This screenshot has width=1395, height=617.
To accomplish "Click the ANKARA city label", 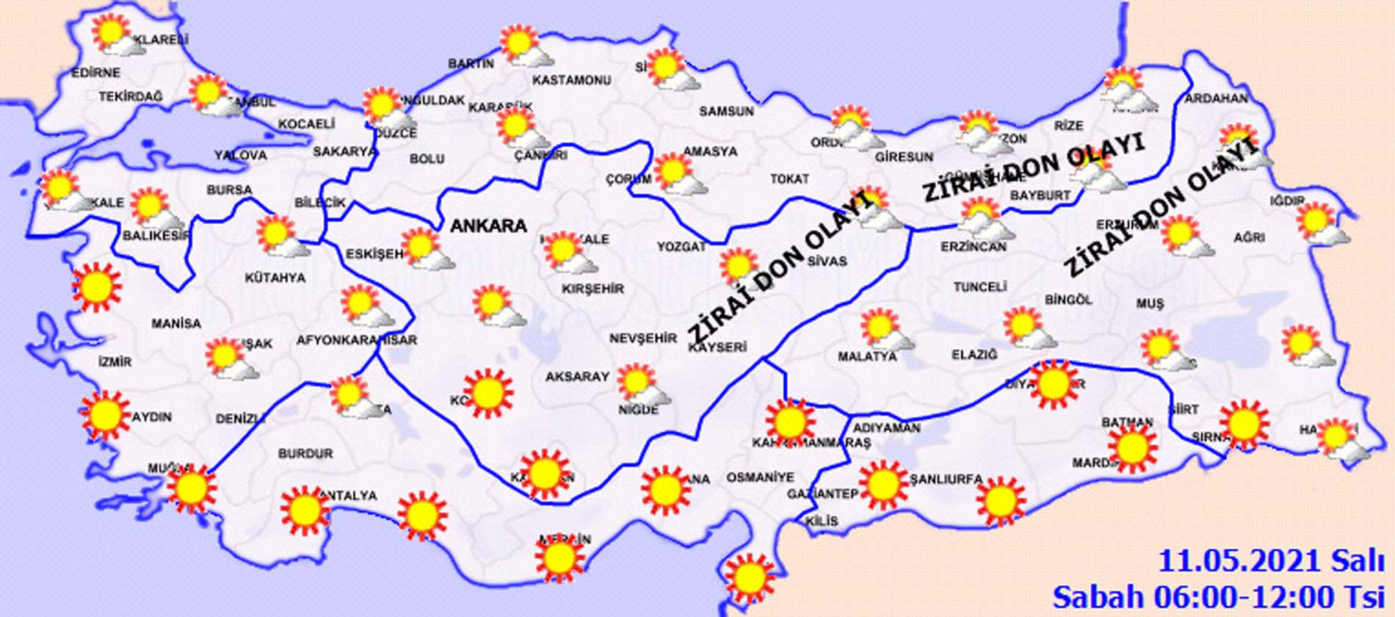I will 488,225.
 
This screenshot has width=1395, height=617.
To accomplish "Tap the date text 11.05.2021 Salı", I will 1269,561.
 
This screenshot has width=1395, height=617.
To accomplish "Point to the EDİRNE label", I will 95,73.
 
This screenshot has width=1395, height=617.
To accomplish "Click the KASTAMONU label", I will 572,79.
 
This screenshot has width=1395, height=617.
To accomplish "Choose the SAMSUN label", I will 726,111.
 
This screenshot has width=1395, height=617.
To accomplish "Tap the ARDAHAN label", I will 1216,98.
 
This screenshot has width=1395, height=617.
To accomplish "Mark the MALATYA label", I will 867,356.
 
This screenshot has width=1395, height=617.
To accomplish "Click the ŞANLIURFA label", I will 946,479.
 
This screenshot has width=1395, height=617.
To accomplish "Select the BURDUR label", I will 305,454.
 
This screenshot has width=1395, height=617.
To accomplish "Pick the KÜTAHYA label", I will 275,278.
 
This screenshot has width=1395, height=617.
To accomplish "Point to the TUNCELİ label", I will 979,286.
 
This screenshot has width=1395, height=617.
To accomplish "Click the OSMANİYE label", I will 760,477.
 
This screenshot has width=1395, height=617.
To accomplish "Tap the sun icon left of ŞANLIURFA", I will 883,485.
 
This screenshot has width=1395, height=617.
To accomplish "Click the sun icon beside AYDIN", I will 105,415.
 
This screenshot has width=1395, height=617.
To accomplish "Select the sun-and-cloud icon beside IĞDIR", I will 1319,223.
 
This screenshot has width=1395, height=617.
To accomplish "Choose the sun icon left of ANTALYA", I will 304,508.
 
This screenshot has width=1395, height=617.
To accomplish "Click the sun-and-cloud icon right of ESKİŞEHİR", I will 426,248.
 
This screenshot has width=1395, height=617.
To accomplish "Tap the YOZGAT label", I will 681,247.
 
